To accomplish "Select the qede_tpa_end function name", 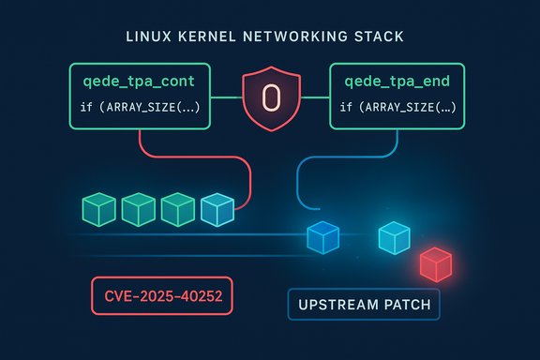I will point(394,85).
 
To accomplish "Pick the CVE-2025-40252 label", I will point(161,296).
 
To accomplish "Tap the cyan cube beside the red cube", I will point(394,238).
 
